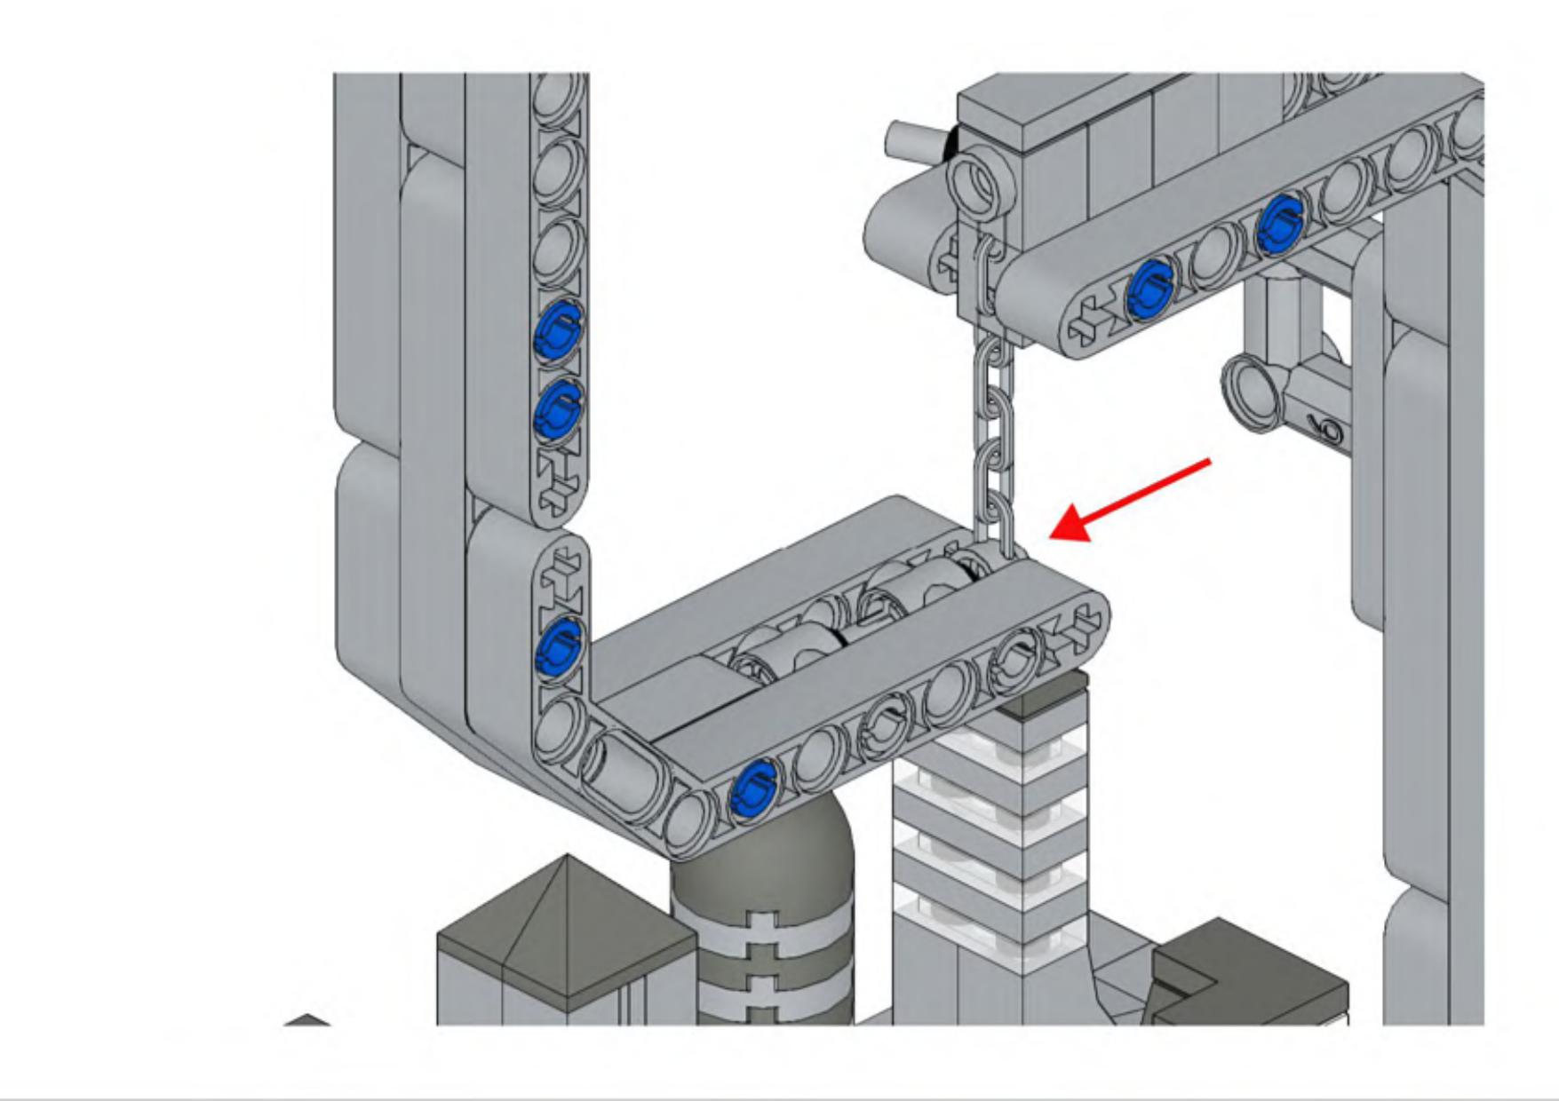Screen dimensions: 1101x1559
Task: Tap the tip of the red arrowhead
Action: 1053,535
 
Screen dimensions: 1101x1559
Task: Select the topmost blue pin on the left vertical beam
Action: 558,330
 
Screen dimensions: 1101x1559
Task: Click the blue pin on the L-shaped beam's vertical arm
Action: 560,646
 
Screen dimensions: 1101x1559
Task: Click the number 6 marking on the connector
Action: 1330,431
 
